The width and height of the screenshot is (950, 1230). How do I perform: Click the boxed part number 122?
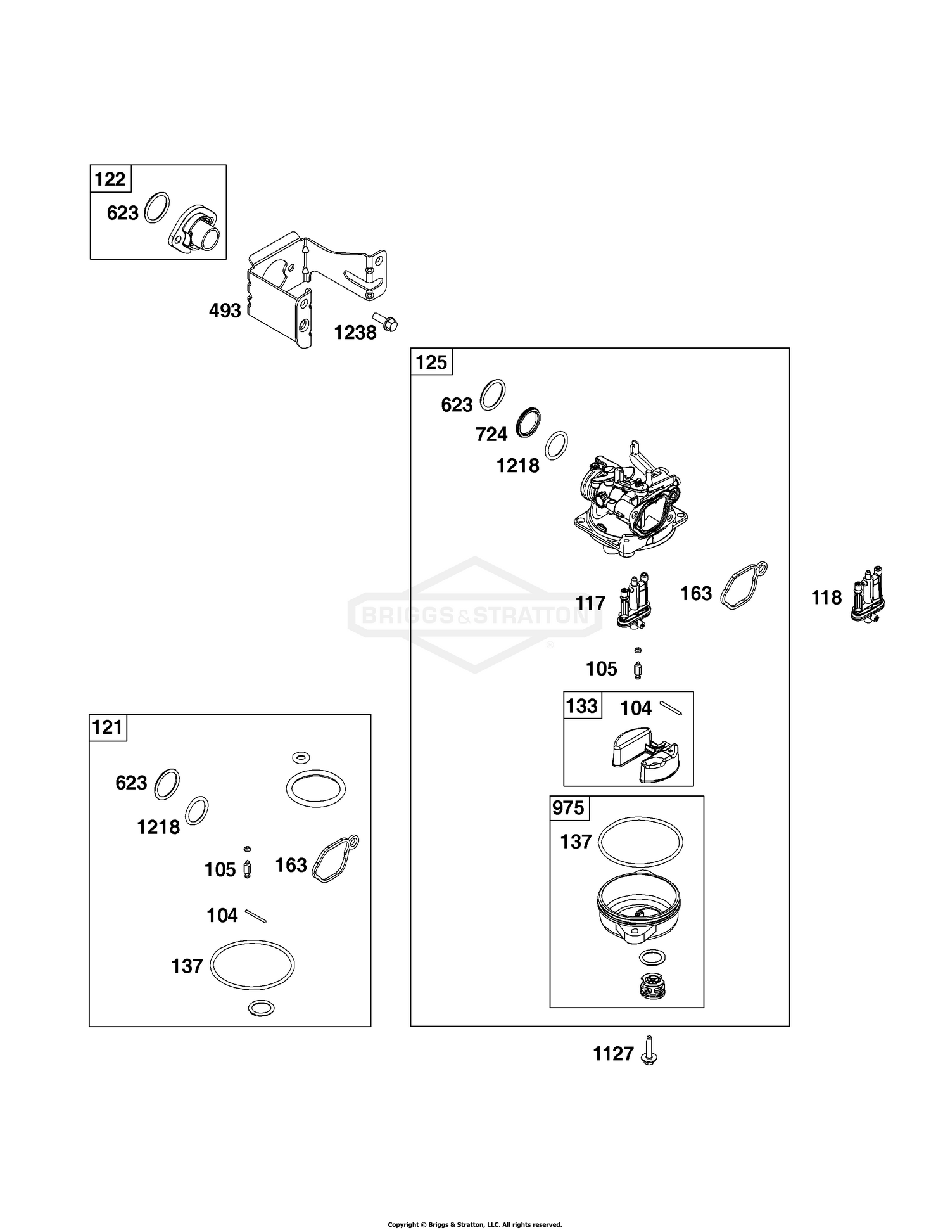110,179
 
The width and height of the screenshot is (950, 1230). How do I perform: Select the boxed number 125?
431,362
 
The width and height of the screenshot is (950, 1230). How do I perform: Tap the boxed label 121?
108,727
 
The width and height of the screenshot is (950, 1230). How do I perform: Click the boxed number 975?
569,808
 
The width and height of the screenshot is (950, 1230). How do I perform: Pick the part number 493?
225,311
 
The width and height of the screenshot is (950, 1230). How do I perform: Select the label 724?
491,434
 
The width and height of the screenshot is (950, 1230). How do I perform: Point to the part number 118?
826,598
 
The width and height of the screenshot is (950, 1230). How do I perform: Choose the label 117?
590,603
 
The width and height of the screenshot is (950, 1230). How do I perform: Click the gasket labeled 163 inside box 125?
745,586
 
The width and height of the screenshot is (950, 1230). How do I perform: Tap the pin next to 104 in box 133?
671,708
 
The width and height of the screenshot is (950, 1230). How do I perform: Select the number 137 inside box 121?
187,966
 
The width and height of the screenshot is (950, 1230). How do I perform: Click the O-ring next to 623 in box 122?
158,207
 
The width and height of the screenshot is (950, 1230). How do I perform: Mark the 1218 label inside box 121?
158,827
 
